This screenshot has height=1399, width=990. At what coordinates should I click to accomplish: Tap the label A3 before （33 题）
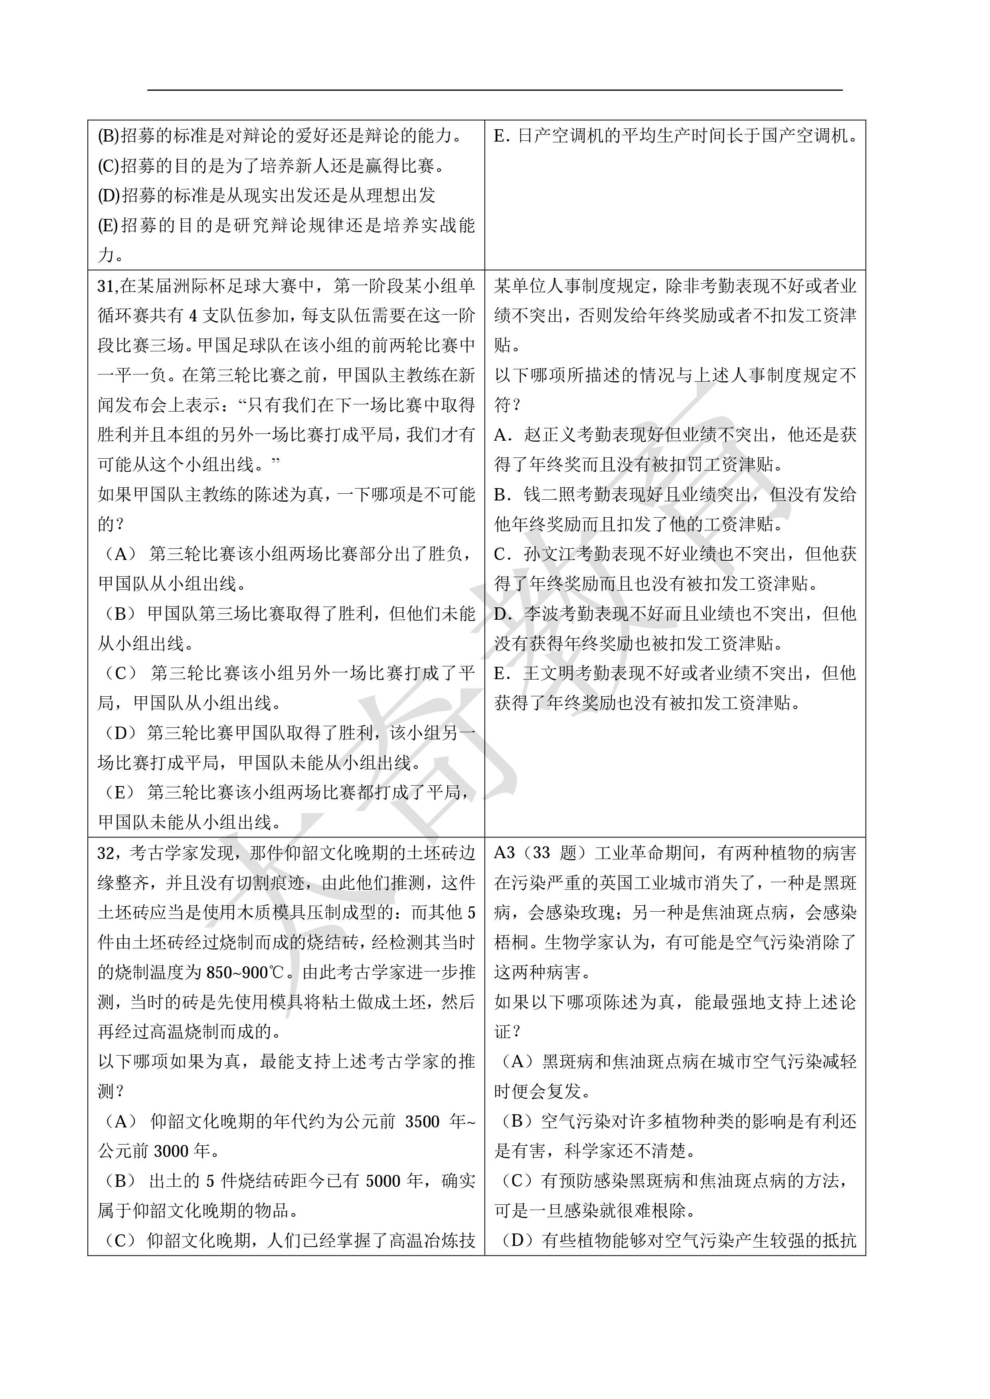504,853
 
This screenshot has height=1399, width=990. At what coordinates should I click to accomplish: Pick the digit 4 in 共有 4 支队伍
193,315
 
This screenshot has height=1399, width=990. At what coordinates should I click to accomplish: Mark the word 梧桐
511,943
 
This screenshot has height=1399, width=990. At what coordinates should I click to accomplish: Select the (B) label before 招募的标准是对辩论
109,136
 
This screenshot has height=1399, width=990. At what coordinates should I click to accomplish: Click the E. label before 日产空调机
502,136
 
